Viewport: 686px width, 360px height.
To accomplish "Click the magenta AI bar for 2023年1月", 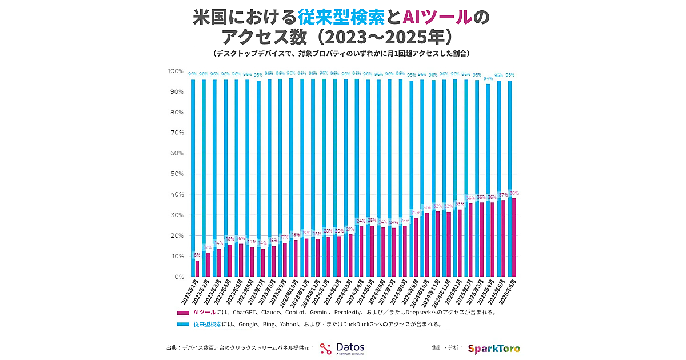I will [197, 269].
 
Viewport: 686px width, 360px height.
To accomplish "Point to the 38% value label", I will [514, 193].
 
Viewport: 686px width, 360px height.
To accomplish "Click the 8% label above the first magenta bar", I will [197, 255].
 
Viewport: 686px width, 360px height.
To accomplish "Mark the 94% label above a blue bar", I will [488, 79].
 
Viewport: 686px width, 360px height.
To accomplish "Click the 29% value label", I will [416, 213].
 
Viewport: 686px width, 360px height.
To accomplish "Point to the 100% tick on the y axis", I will [175, 71].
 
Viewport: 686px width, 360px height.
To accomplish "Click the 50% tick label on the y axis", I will [176, 174].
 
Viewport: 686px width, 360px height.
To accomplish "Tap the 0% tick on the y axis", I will [178, 277].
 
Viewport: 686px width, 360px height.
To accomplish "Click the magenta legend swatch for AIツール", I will [183, 313].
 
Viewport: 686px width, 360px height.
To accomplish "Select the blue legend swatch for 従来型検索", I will [183, 324].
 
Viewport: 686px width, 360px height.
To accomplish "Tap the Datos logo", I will [342, 348].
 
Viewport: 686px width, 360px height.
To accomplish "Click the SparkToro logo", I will [494, 348].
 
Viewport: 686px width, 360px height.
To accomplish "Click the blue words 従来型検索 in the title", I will [341, 18].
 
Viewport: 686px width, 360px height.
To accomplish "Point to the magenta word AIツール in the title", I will [438, 18].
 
